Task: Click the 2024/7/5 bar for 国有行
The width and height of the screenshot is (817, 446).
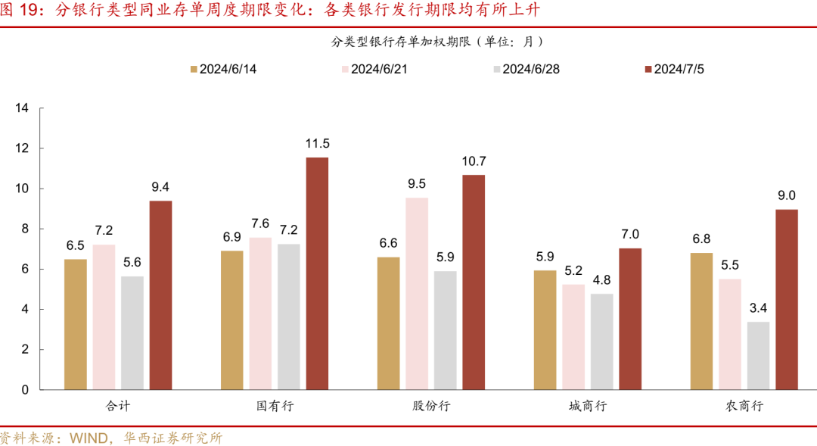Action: (x=317, y=273)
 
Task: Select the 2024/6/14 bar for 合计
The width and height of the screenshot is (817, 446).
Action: (x=76, y=324)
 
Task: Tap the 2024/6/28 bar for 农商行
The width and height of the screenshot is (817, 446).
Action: (x=759, y=355)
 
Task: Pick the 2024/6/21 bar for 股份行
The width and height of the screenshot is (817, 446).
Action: (x=417, y=293)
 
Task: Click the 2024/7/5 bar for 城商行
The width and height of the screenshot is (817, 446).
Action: (x=630, y=319)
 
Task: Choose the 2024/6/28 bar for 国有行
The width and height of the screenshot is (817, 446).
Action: (x=288, y=317)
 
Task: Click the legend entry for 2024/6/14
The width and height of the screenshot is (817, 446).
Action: (x=223, y=69)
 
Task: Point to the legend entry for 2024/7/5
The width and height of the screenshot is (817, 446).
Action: (x=675, y=69)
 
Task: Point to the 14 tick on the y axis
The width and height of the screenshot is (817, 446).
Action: (x=22, y=108)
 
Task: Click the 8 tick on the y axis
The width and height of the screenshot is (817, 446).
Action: (x=25, y=229)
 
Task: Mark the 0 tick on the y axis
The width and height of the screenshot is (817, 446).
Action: (x=25, y=389)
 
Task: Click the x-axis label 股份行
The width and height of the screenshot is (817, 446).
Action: (x=431, y=406)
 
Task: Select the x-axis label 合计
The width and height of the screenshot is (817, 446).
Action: (x=118, y=406)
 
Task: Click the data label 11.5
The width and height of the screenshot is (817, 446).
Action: (x=317, y=143)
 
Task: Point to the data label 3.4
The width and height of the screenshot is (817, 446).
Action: (x=759, y=307)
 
